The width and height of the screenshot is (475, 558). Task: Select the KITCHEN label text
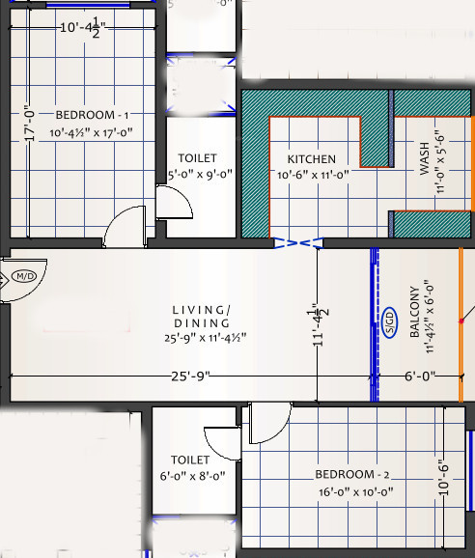click(x=311, y=159)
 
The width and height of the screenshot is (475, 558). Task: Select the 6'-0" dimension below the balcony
click(x=419, y=375)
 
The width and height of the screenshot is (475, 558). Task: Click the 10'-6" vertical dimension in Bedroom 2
click(x=444, y=476)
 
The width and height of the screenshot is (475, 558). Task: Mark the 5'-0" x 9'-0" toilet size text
click(x=197, y=175)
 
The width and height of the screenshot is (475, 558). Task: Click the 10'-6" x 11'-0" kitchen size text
click(x=313, y=175)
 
